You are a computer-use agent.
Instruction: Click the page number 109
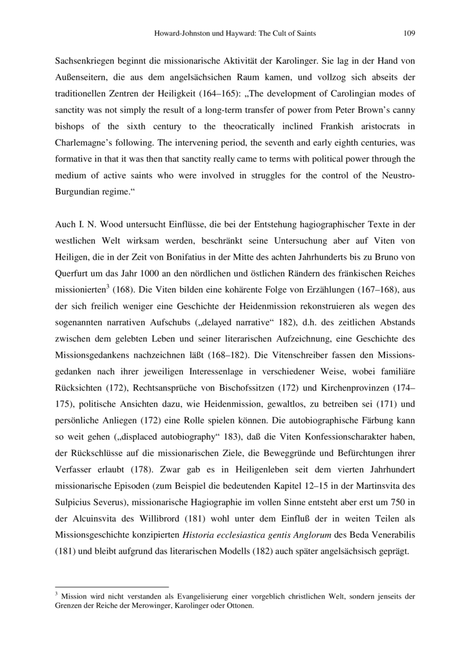click(409, 34)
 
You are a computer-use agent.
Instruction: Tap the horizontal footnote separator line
click(111, 586)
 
